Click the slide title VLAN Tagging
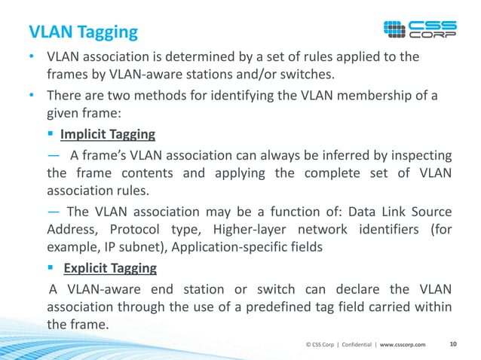83,32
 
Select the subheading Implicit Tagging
108,135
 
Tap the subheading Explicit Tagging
109,268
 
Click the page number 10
453,344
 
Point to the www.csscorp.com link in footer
402,345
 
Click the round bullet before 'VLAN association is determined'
32,57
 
